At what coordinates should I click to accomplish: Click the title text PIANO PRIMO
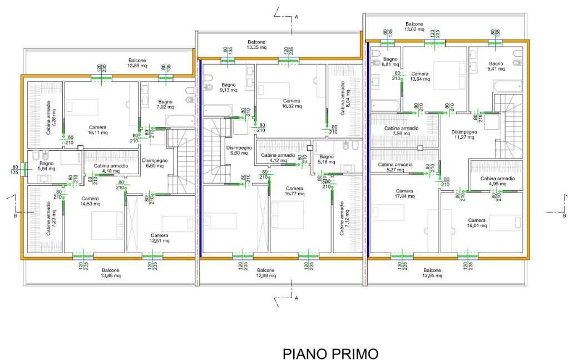[330, 353]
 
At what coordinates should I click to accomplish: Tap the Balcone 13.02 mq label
[414, 27]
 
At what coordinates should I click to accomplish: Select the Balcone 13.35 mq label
[256, 45]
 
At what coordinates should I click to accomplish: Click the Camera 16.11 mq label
[97, 130]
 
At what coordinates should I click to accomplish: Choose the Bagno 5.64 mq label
[46, 166]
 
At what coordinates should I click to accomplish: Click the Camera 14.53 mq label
[90, 201]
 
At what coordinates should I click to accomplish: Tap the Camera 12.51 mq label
[159, 238]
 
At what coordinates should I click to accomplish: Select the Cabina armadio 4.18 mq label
[111, 168]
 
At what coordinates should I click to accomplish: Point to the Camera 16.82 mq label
[292, 103]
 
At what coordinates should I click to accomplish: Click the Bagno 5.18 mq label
[327, 160]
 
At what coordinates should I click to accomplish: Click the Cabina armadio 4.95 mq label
[498, 181]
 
